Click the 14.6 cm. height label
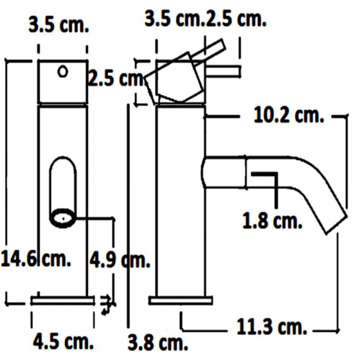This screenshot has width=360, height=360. pos(36,261)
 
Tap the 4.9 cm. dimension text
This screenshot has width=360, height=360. pos(119,261)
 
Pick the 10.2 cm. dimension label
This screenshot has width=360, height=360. pos(286,116)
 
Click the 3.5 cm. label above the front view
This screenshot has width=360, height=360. pos(59,26)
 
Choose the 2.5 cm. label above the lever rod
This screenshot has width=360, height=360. pos(236,19)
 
